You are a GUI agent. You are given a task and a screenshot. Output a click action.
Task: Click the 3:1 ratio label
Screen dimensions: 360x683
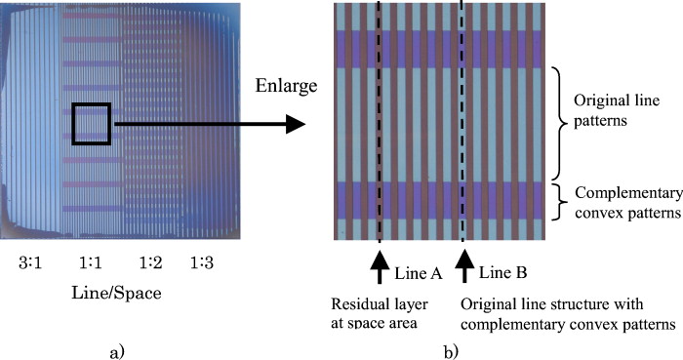tap(33, 262)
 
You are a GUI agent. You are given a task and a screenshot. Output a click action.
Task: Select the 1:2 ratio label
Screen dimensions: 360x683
tap(150, 262)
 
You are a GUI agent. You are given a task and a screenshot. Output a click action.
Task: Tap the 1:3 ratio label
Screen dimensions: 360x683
tap(202, 262)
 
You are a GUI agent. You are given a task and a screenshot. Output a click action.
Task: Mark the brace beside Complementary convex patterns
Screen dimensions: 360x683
tap(559, 201)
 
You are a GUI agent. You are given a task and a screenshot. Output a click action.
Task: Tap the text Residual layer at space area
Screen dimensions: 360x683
tap(385, 311)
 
